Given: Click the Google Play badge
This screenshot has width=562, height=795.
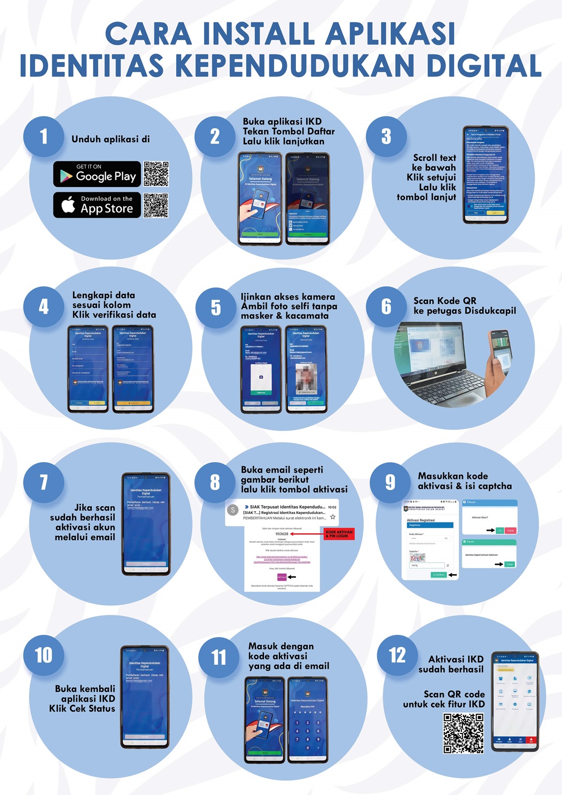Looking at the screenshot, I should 97,174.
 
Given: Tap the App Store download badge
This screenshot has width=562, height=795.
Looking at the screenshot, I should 97,205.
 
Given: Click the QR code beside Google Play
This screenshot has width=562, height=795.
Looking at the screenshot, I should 156,174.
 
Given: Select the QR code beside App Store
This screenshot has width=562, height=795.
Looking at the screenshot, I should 155,206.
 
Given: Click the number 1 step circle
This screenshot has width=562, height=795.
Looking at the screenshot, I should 44,137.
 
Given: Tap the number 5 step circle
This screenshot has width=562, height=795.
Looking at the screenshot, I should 215,307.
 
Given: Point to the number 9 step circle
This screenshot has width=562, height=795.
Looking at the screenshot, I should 390,482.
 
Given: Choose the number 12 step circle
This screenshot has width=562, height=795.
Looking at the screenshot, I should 397,656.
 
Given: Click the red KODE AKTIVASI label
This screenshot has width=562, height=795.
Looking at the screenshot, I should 339,534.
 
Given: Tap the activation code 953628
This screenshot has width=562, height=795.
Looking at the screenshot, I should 282,534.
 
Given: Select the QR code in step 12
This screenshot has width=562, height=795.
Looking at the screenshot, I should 463,733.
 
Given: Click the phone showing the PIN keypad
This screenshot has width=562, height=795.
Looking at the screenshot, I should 307,719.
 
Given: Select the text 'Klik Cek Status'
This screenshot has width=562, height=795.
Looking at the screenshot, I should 82,708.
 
